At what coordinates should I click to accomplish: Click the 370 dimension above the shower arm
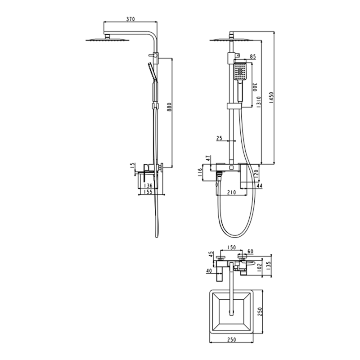pyautogui.click(x=131, y=19)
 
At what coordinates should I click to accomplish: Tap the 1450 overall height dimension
pyautogui.click(x=271, y=98)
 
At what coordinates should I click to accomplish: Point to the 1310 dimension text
pyautogui.click(x=258, y=105)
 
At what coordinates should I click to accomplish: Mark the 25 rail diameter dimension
pyautogui.click(x=220, y=139)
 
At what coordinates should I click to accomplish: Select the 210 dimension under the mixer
pyautogui.click(x=232, y=192)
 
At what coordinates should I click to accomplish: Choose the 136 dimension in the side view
pyautogui.click(x=148, y=185)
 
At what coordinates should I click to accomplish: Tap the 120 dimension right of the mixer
pyautogui.click(x=256, y=173)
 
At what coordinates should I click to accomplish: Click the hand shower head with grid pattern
pyautogui.click(x=240, y=72)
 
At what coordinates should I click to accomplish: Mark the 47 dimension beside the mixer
pyautogui.click(x=207, y=159)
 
